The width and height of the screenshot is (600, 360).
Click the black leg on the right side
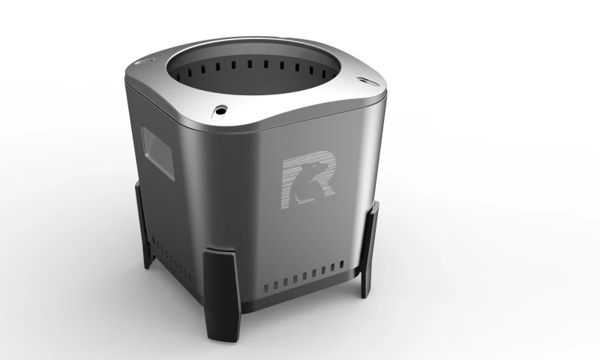[x=370, y=250]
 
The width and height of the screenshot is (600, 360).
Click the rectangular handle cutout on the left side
[x=157, y=152]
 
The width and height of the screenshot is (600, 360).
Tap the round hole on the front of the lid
[x=220, y=111]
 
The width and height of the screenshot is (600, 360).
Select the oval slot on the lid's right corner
[x=367, y=81]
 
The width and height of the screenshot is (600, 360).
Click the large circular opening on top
[x=253, y=69]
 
